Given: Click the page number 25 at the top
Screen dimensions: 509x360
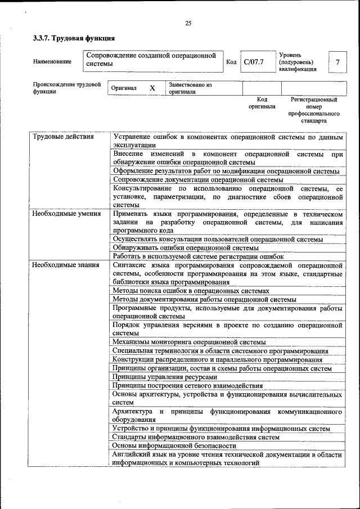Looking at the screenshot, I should tap(188, 23).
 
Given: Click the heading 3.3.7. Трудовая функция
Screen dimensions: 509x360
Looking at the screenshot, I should tap(74, 39).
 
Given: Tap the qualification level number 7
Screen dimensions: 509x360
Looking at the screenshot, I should tap(337, 62).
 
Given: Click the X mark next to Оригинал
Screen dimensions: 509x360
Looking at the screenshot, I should tap(152, 88).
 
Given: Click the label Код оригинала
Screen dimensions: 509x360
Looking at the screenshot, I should tap(262, 102).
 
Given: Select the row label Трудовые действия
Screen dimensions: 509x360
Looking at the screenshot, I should tap(62, 137).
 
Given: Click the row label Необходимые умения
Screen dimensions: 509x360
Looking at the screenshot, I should tap(66, 214).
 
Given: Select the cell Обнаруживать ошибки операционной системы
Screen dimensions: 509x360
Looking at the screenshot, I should tap(186, 247).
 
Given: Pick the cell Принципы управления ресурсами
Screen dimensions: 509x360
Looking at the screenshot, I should tap(164, 377).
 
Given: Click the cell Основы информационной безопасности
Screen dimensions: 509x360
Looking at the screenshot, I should tap(174, 446).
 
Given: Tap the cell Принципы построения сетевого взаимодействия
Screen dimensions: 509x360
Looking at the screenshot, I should tap(187, 385).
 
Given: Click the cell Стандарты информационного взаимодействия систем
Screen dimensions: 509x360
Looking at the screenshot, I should tap(196, 437).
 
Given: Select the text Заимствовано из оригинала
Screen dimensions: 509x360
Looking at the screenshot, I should tap(190, 88).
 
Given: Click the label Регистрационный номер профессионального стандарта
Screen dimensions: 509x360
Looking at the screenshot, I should tap(313, 110).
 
